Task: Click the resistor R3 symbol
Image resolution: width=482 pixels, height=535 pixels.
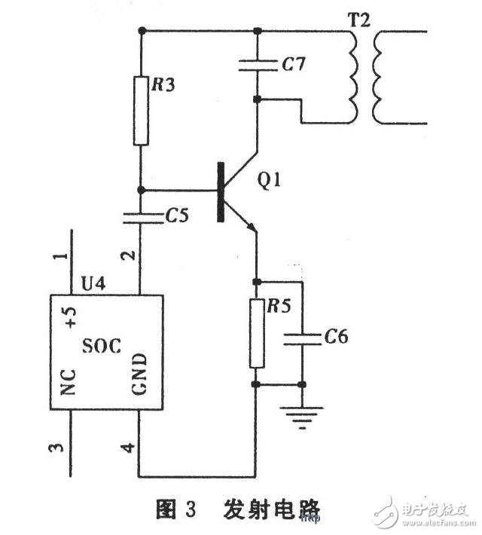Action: pos(141,110)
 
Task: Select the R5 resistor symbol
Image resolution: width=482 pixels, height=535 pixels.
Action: pos(258,332)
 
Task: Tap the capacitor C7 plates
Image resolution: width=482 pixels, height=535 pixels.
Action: pos(258,66)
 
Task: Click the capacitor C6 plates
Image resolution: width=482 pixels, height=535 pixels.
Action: pos(302,338)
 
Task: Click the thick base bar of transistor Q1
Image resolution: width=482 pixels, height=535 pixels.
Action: pos(221,192)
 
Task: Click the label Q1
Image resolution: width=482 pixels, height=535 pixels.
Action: pos(269,182)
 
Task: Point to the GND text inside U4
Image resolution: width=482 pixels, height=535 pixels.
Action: pos(141,374)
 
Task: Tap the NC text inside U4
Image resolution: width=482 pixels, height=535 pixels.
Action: pos(69,381)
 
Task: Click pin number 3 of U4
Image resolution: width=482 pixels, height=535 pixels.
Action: pos(54,449)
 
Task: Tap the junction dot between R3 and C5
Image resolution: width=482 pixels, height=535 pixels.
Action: pos(141,190)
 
